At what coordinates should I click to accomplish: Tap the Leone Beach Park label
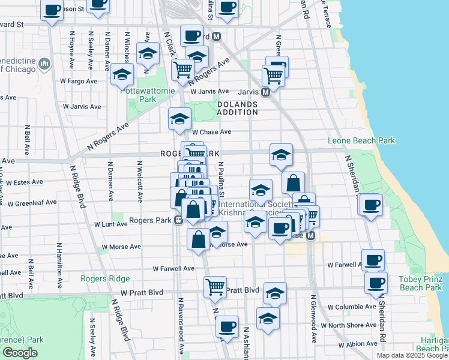pyautogui.click(x=361, y=141)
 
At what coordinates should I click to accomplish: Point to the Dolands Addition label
pyautogui.click(x=237, y=108)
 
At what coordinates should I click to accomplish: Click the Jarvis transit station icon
pyautogui.click(x=265, y=92)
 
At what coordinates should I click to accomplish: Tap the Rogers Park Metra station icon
pyautogui.click(x=178, y=220)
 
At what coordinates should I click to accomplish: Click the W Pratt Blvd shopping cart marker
pyautogui.click(x=215, y=287)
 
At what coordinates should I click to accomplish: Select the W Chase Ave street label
pyautogui.click(x=211, y=132)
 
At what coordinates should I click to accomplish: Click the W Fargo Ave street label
pyautogui.click(x=78, y=81)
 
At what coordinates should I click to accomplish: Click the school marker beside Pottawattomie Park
pyautogui.click(x=122, y=75)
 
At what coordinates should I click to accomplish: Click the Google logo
pyautogui.click(x=20, y=353)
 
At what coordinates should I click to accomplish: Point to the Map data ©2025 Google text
pyautogui.click(x=412, y=355)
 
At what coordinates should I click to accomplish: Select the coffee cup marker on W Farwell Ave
pyautogui.click(x=373, y=260)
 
